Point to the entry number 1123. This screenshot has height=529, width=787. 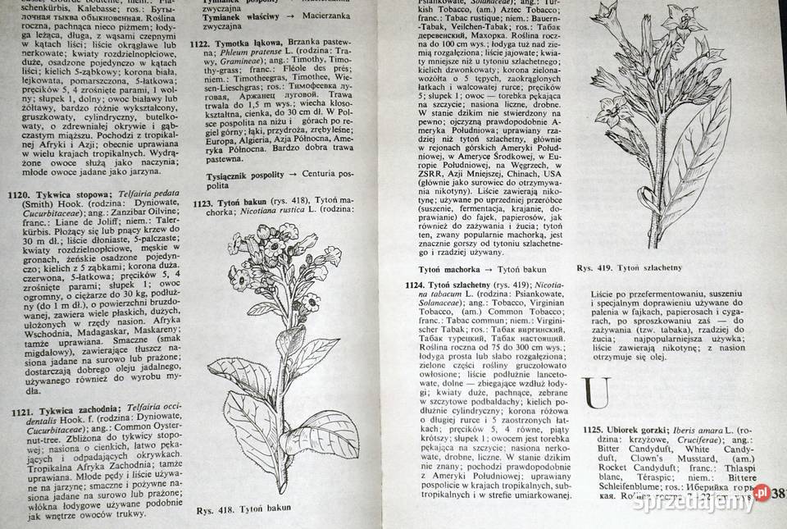tap(205, 202)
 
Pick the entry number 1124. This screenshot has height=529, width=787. tap(419, 285)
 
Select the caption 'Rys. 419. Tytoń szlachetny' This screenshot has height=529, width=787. tap(630, 267)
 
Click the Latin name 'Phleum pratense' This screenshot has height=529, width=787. tap(241, 52)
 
